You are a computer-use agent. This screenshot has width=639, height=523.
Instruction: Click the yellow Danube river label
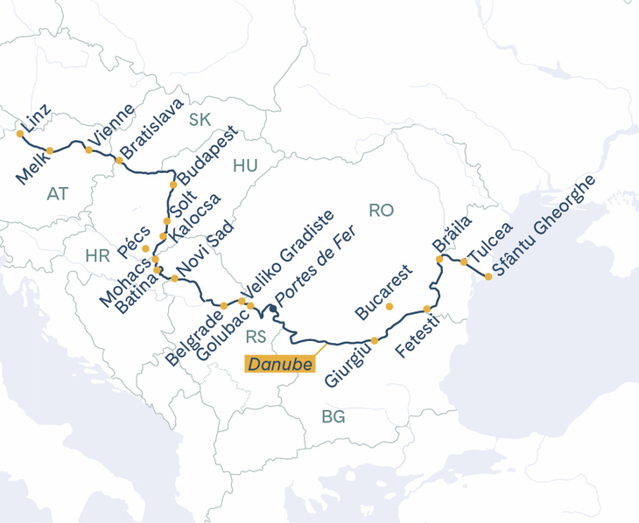pyautogui.click(x=279, y=364)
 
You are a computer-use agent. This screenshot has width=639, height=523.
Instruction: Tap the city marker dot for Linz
pyautogui.click(x=20, y=134)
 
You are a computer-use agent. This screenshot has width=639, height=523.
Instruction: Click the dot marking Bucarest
pyautogui.click(x=390, y=306)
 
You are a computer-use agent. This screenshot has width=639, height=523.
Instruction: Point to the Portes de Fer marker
pyautogui.click(x=273, y=309)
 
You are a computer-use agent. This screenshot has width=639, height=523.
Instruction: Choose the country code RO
pyautogui.click(x=382, y=210)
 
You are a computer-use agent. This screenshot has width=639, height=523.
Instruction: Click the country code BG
pyautogui.click(x=333, y=417)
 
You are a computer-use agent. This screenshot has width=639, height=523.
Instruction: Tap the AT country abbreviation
pyautogui.click(x=58, y=192)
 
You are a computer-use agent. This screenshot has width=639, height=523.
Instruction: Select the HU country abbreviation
pyautogui.click(x=245, y=165)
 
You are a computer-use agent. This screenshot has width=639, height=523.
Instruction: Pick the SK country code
pyautogui.click(x=200, y=120)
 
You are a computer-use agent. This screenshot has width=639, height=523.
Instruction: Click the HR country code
pyautogui.click(x=97, y=255)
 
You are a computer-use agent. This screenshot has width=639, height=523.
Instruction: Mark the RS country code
pyautogui.click(x=256, y=337)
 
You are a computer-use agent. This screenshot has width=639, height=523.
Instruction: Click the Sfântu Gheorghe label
pyautogui.click(x=543, y=225)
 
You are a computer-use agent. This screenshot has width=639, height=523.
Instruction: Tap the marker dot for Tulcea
pyautogui.click(x=464, y=261)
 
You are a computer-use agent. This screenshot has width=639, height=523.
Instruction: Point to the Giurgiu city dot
pyautogui.click(x=375, y=340)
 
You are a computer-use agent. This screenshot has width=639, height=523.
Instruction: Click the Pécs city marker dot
pyautogui.click(x=145, y=248)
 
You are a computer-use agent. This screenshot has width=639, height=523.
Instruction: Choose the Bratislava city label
pyautogui.click(x=152, y=131)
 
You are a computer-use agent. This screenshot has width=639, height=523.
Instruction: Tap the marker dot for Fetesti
pyautogui.click(x=426, y=310)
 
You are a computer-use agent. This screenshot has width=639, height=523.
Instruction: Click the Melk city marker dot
pyautogui.click(x=50, y=151)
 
